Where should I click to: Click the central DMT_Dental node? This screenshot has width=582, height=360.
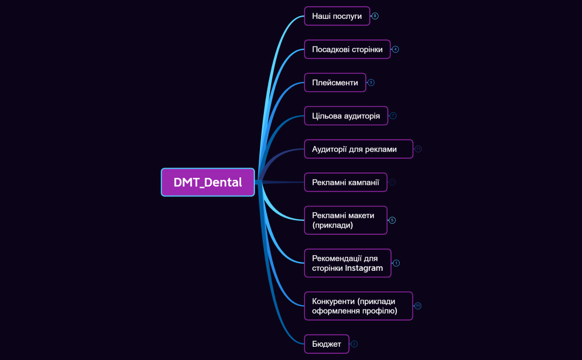208,182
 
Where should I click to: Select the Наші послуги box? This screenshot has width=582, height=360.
336,16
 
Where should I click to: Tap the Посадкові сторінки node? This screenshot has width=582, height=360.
347,49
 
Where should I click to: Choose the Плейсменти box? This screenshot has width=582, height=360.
335,83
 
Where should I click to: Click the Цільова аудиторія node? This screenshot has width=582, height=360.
346,116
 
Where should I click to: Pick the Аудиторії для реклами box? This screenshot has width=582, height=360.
358,149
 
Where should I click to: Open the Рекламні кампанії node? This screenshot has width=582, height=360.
345,182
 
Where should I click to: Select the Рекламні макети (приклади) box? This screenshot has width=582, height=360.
345,220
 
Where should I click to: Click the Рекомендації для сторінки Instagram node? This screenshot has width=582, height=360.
348,263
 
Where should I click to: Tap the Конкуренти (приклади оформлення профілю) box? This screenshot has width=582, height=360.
358,306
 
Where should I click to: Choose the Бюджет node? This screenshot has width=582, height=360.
326,344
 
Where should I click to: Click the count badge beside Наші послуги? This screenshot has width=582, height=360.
375,16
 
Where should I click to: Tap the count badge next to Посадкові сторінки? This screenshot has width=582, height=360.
395,49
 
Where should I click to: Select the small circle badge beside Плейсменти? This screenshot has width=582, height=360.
371,83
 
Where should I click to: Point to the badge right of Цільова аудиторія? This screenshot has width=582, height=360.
393,116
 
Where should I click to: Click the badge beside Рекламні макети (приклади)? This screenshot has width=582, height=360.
392,220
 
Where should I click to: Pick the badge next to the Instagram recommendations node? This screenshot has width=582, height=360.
396,263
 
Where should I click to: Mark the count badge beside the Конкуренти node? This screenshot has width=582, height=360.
418,306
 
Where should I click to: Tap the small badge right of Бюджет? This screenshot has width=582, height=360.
354,344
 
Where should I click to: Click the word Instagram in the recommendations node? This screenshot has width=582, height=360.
364,268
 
